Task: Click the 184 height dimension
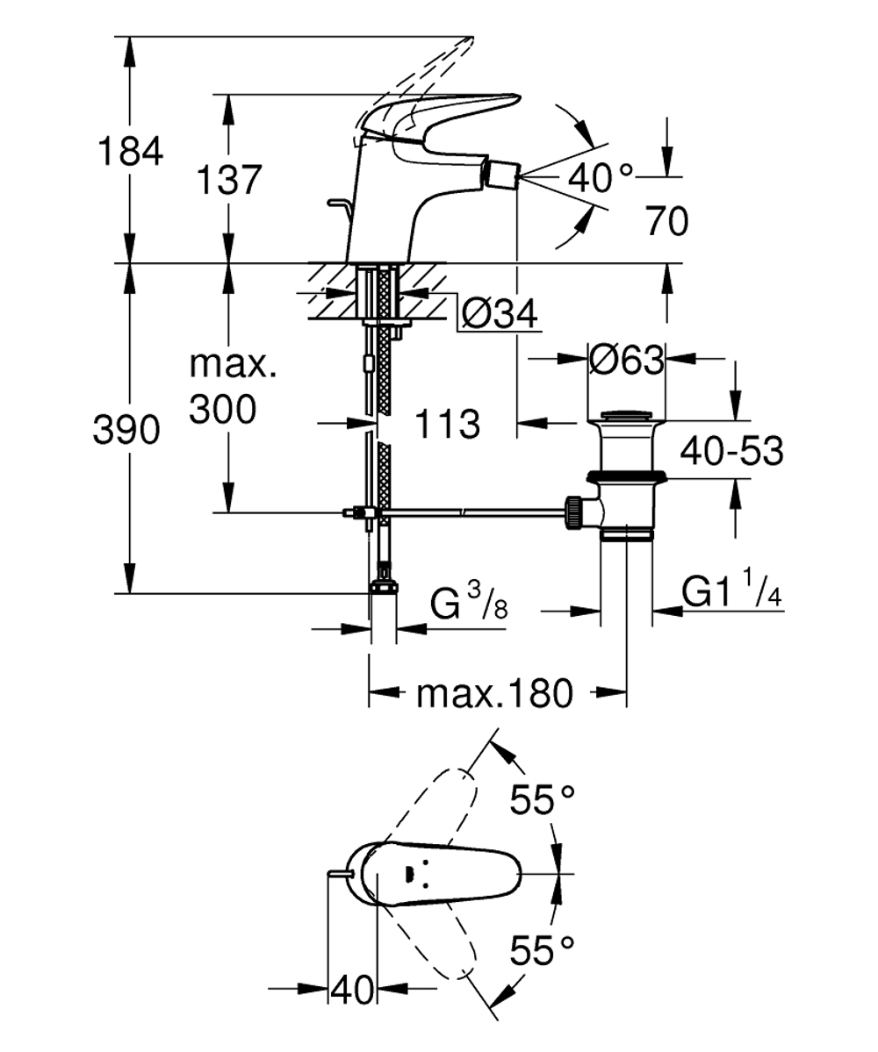pyautogui.click(x=130, y=151)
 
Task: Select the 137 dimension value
pyautogui.click(x=227, y=180)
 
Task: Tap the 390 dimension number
pyautogui.click(x=128, y=430)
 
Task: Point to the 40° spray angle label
pyautogui.click(x=600, y=178)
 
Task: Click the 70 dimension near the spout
pyautogui.click(x=667, y=222)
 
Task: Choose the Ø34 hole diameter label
pyautogui.click(x=499, y=313)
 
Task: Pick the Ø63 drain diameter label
pyautogui.click(x=625, y=360)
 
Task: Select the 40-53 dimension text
pyautogui.click(x=731, y=452)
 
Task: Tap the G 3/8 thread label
pyautogui.click(x=470, y=604)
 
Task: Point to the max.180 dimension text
pyautogui.click(x=494, y=695)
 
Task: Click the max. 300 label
pyautogui.click(x=234, y=386)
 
